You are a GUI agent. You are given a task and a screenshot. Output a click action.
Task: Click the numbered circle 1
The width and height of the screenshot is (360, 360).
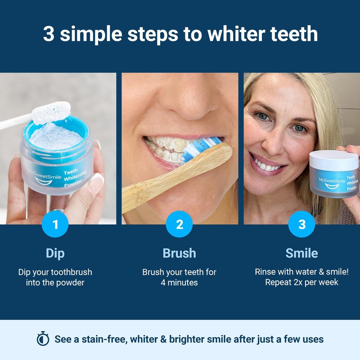tap(55, 224)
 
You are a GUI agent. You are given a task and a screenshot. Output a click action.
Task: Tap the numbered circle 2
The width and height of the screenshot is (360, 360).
tap(179, 224)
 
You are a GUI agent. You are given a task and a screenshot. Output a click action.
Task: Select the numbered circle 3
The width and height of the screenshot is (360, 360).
tap(301, 224)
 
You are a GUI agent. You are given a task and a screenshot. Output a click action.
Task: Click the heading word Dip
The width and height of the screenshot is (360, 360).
tap(55, 254)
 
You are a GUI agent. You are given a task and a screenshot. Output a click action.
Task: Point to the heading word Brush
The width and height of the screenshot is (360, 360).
tap(179, 253)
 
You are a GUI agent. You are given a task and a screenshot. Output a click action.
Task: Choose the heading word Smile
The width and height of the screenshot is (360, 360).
tap(301, 253)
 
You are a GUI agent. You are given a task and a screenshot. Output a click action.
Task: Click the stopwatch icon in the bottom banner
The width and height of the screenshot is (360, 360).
tap(43, 339)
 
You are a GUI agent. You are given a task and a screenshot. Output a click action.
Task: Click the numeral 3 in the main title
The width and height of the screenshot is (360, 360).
tap(49, 34)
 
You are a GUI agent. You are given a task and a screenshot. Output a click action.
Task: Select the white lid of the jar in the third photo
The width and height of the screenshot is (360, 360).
tap(333, 160)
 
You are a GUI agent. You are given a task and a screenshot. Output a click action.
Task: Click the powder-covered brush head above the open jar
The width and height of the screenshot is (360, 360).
tap(51, 113)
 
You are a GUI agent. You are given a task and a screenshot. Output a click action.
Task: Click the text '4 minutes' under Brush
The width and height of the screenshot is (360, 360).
tap(179, 283)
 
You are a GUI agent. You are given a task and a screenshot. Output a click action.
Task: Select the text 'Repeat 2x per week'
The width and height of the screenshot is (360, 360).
tap(301, 283)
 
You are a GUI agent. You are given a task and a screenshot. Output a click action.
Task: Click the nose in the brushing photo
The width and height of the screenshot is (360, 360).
tap(187, 103)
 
